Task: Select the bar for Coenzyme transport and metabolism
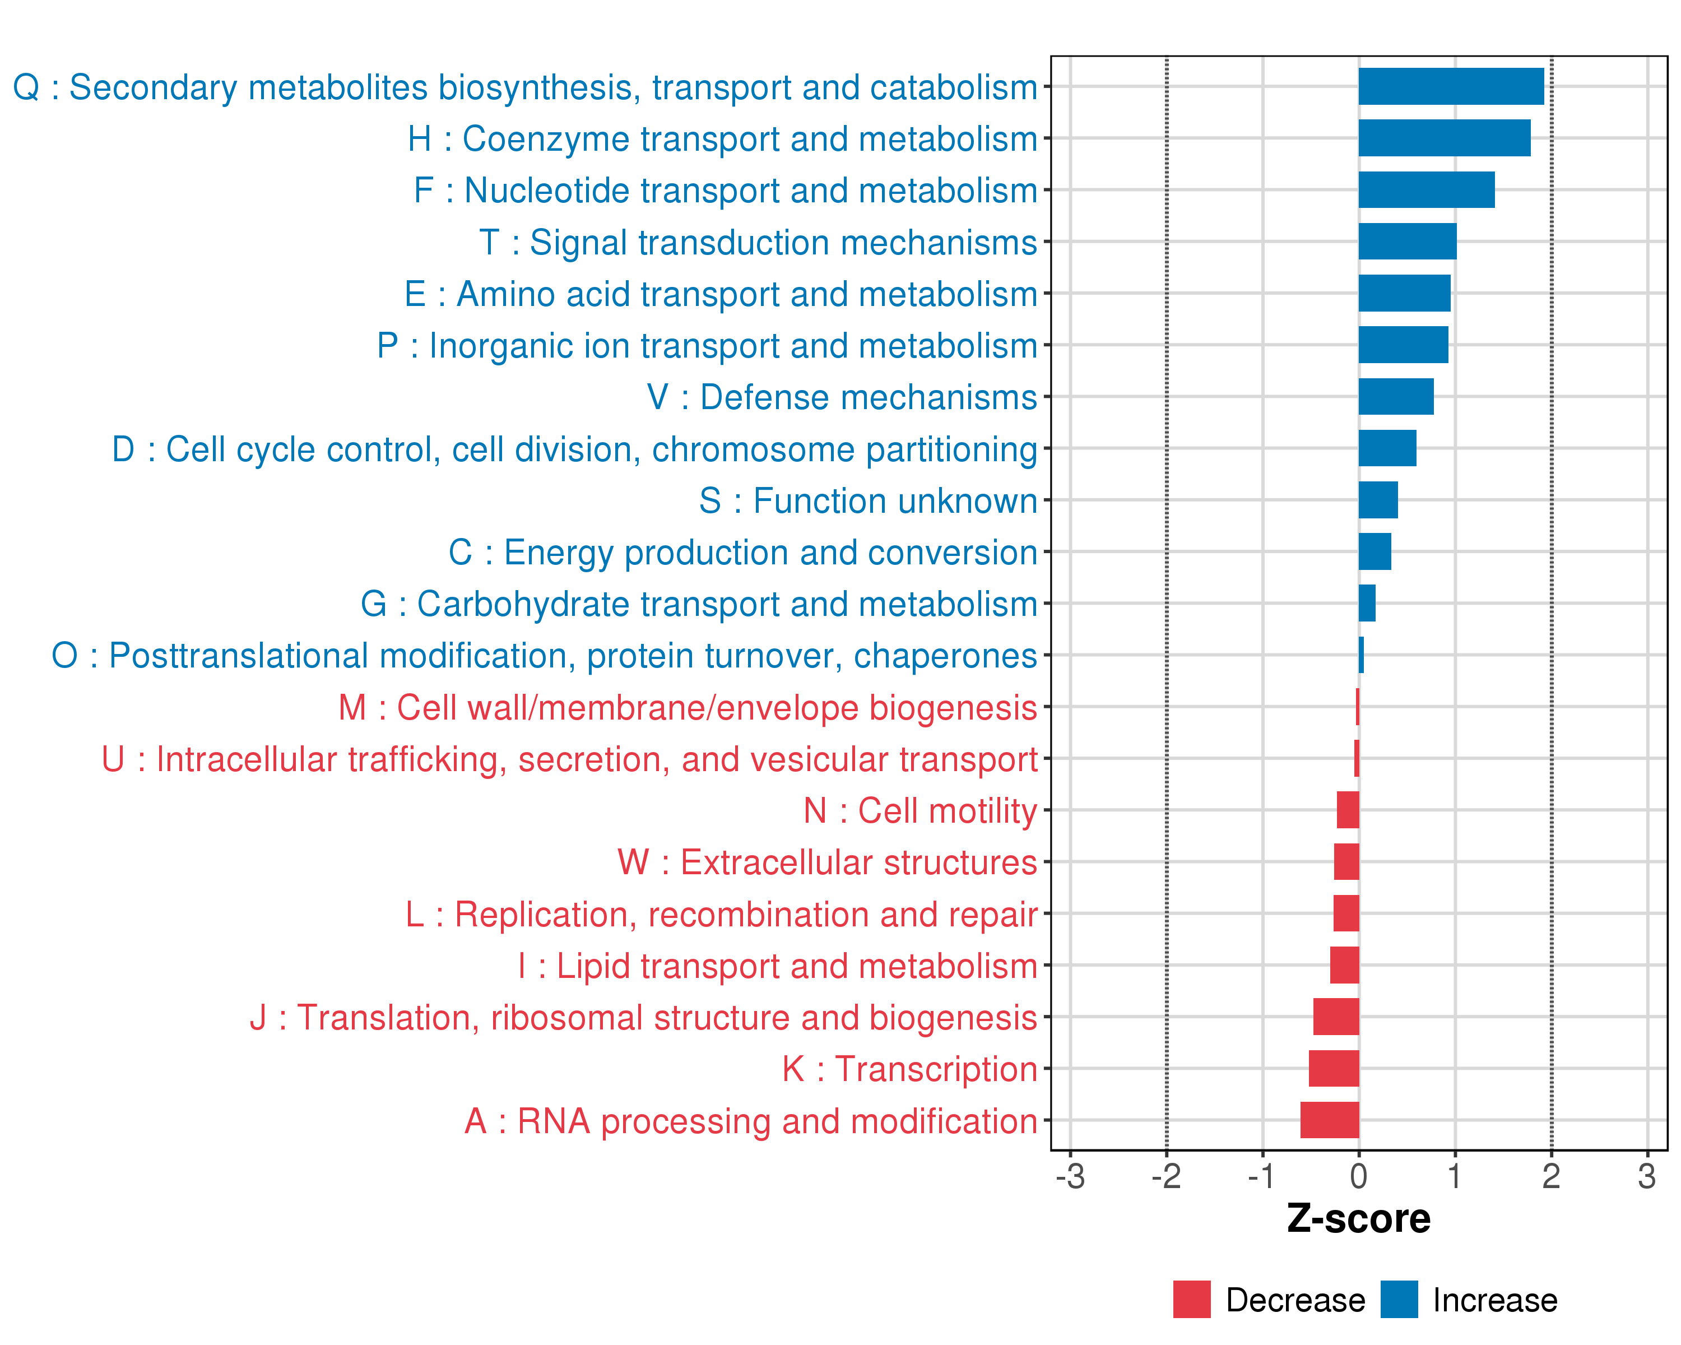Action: coord(1444,138)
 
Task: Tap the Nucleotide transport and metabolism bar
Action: coord(1426,190)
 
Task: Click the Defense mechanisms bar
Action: coord(1396,397)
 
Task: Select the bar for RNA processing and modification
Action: coord(1329,1120)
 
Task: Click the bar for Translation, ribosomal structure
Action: coord(1336,1017)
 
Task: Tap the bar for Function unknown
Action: coord(1378,500)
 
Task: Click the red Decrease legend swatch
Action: coord(1191,1299)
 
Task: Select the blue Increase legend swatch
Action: coord(1399,1299)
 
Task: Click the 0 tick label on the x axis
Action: coord(1358,1176)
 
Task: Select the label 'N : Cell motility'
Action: coord(920,811)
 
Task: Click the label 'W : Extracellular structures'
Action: coord(827,862)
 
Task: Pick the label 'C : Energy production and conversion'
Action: coord(743,552)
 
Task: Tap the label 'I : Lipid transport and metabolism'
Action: coord(777,966)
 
